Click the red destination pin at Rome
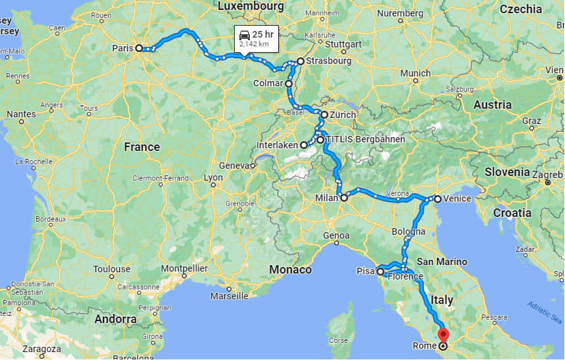tap(442, 336)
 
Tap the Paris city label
tap(123, 47)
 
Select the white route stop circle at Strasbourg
tap(300, 61)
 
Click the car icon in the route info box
tap(245, 34)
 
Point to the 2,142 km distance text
tap(254, 44)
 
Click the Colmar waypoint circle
tap(289, 84)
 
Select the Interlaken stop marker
tap(304, 145)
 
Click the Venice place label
tap(458, 198)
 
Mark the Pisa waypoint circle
tap(380, 271)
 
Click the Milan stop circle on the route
tap(343, 197)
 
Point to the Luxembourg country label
tap(251, 6)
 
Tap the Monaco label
tap(290, 269)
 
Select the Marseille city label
tap(229, 296)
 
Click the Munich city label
tap(415, 73)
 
